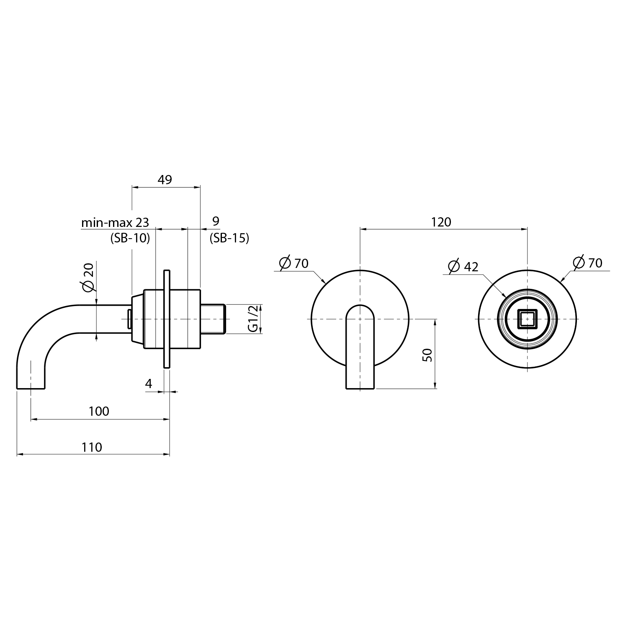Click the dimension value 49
click(165, 180)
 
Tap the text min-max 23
click(115, 222)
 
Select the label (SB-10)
click(130, 238)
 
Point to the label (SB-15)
click(229, 238)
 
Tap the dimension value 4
click(149, 383)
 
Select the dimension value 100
click(99, 411)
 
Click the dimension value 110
click(92, 447)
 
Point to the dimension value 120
click(441, 222)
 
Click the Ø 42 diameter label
click(463, 266)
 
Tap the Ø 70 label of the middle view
click(293, 263)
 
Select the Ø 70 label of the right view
click(588, 263)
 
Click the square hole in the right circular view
click(527, 319)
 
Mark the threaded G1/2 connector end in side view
click(213, 319)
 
